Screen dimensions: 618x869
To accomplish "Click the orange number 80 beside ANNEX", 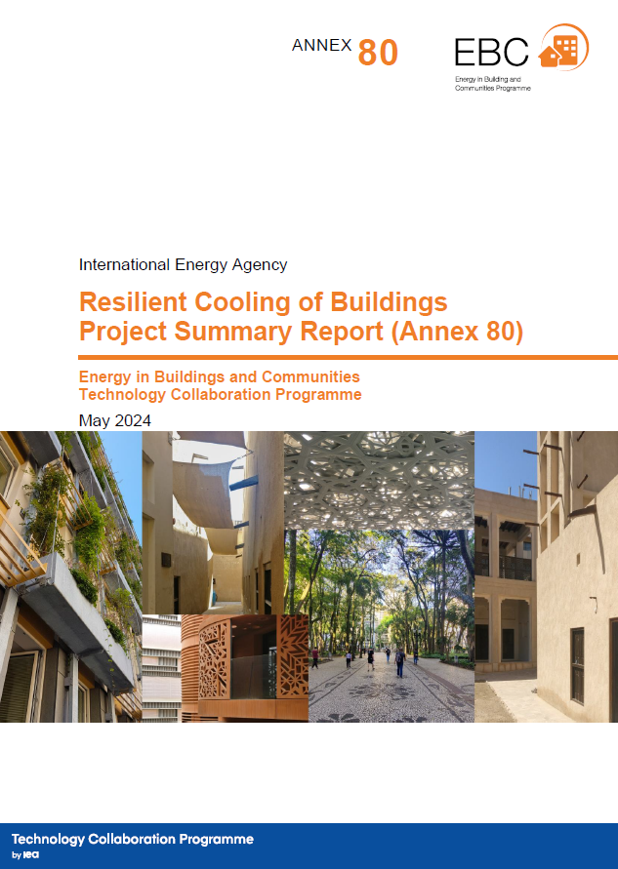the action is pyautogui.click(x=378, y=53).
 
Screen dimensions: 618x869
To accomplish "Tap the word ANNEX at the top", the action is pyautogui.click(x=322, y=45).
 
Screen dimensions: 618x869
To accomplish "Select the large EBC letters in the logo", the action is pyautogui.click(x=491, y=52).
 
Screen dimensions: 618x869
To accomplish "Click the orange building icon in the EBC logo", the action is pyautogui.click(x=563, y=48).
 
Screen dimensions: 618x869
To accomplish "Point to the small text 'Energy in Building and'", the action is pyautogui.click(x=487, y=79).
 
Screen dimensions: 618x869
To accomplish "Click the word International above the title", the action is pyautogui.click(x=124, y=265).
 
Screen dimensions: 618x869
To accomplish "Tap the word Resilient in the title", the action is pyautogui.click(x=133, y=302).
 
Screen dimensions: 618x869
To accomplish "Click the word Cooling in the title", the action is pyautogui.click(x=243, y=303).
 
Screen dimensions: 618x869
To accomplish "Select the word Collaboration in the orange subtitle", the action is pyautogui.click(x=221, y=395).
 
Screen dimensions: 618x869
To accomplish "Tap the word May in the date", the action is pyautogui.click(x=95, y=421).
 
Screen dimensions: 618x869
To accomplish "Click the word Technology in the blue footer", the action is pyautogui.click(x=48, y=840).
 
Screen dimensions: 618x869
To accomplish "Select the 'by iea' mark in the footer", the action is pyautogui.click(x=25, y=855).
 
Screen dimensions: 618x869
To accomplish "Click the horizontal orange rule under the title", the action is pyautogui.click(x=348, y=358).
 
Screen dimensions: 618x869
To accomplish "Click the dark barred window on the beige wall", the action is pyautogui.click(x=578, y=665).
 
